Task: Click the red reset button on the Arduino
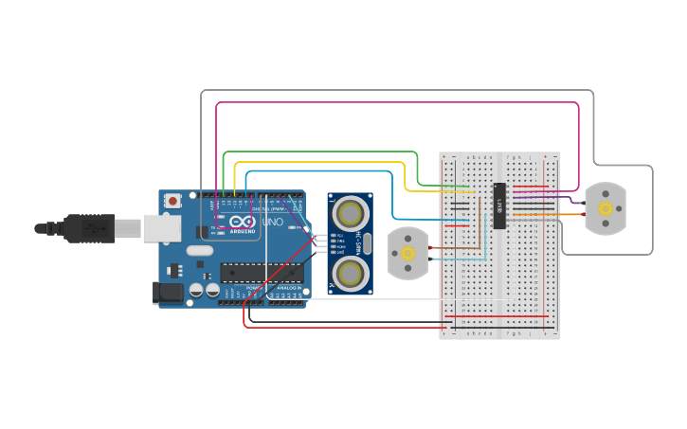click(x=172, y=201)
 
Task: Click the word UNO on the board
click(x=272, y=223)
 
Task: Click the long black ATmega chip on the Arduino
click(x=262, y=273)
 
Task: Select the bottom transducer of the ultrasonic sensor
click(x=352, y=274)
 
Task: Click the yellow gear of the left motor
click(x=408, y=254)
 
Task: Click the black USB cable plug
click(x=90, y=228)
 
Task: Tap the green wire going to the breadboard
click(x=322, y=152)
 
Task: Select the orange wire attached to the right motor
click(x=550, y=215)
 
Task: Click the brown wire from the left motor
click(x=455, y=250)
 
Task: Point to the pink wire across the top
click(x=398, y=103)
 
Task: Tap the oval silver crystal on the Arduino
click(x=200, y=251)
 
